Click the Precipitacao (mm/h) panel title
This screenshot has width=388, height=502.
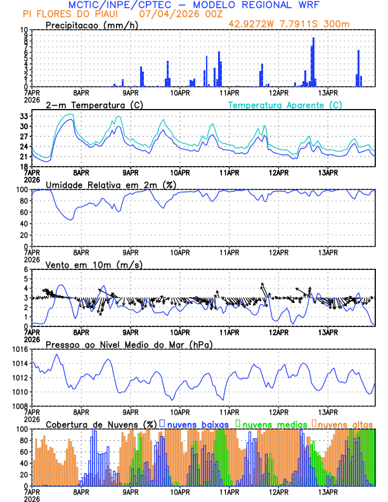[91, 25]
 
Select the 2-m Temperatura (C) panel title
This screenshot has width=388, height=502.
[94, 105]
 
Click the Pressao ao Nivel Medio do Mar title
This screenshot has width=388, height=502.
[129, 344]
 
